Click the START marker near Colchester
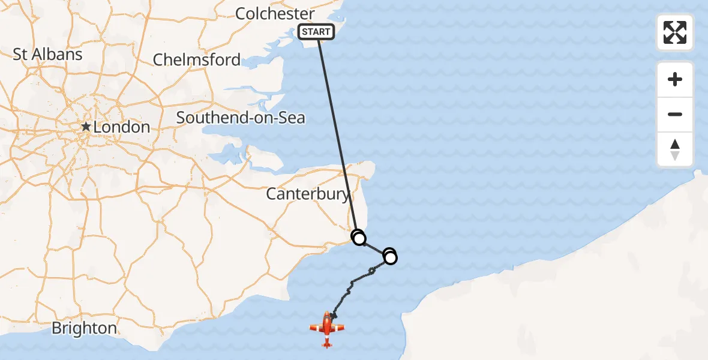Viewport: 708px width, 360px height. point(316,32)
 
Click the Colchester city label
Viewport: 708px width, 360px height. point(275,13)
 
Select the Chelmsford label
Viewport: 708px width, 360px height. point(196,59)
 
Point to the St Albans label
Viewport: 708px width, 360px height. point(47,54)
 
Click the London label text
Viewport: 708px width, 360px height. point(122,127)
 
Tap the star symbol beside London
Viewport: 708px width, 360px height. point(87,127)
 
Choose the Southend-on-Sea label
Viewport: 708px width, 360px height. point(241,118)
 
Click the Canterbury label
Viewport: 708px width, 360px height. point(308,194)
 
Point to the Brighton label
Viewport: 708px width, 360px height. point(84,328)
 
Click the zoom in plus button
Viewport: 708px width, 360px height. point(675,79)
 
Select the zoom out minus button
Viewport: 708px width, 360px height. point(675,114)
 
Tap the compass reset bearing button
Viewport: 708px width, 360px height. point(675,149)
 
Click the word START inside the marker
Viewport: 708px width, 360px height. point(316,32)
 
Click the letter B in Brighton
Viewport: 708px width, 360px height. point(56,328)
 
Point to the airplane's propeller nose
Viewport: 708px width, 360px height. point(327,315)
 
